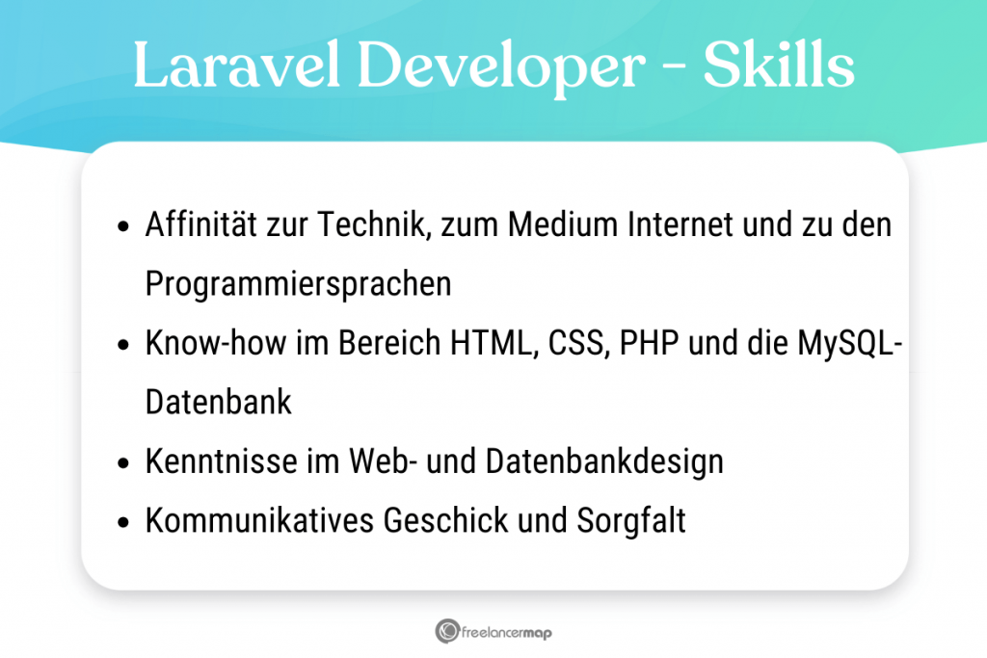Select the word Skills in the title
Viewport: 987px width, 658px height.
coord(778,66)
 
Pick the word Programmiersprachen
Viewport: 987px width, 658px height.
coord(298,284)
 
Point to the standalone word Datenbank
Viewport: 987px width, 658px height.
coord(219,402)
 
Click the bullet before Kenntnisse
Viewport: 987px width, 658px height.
coord(123,463)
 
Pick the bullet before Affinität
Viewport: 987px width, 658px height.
coord(123,228)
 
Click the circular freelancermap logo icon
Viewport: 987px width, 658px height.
coord(446,632)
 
